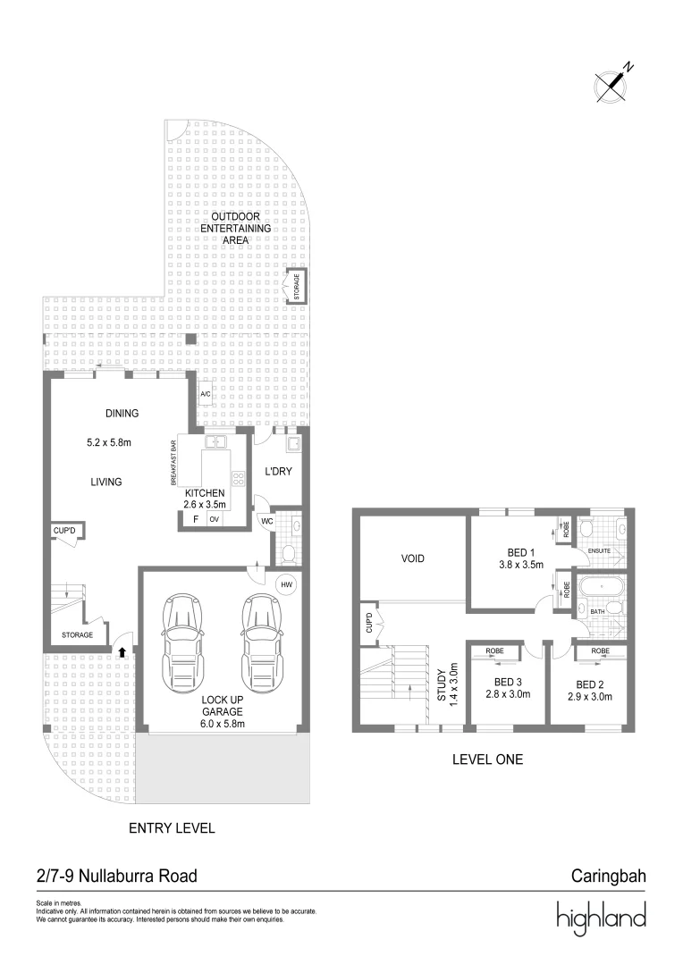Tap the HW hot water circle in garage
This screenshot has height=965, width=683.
click(x=287, y=585)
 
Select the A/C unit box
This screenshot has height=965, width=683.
click(x=205, y=394)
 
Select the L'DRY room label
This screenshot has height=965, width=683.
click(x=278, y=471)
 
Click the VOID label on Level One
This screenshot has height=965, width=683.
click(x=412, y=559)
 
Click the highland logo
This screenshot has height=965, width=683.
click(x=601, y=919)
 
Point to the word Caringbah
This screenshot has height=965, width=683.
click(x=608, y=876)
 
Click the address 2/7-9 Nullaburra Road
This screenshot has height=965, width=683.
click(x=116, y=876)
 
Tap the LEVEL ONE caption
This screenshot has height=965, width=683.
click(x=487, y=759)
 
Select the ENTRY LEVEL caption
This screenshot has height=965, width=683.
click(x=172, y=828)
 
